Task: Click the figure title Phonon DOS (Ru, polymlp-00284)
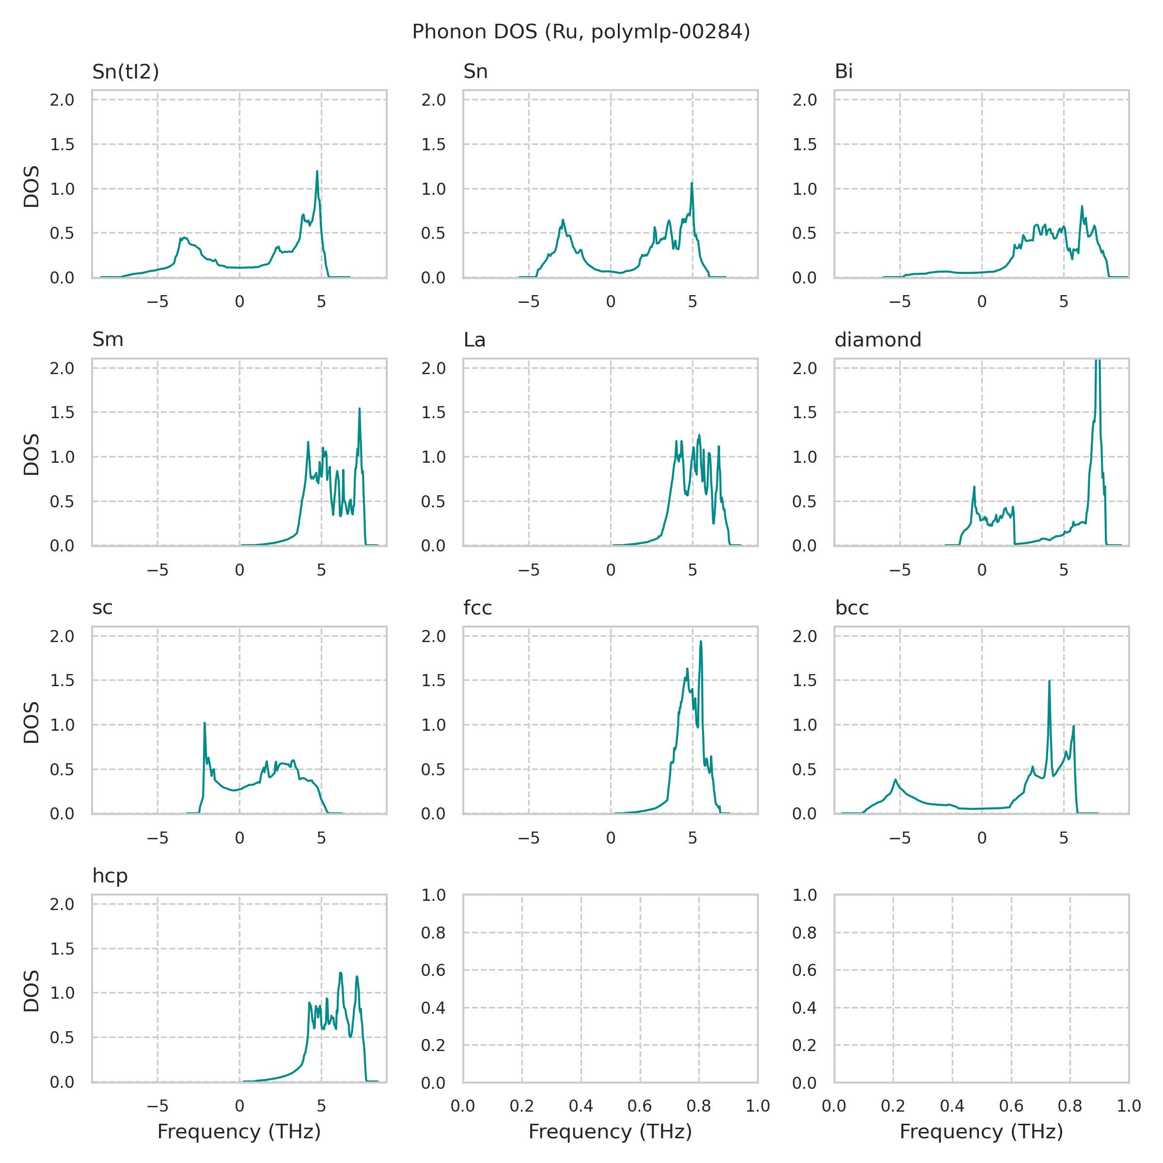tap(581, 32)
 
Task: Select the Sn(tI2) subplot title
tap(125, 72)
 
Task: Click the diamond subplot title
tap(878, 340)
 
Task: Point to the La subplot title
tap(474, 340)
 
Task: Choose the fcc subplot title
tap(477, 608)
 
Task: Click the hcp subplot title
tap(110, 876)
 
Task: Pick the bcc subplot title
tap(852, 608)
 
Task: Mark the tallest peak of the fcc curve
tap(701, 642)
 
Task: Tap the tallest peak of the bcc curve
tap(1049, 681)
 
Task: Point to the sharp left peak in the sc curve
tap(204, 723)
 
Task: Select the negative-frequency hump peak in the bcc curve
tap(896, 780)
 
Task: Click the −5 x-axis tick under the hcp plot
tap(157, 1106)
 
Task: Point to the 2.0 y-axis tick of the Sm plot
tap(62, 368)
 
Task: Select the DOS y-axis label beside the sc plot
tap(31, 723)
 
